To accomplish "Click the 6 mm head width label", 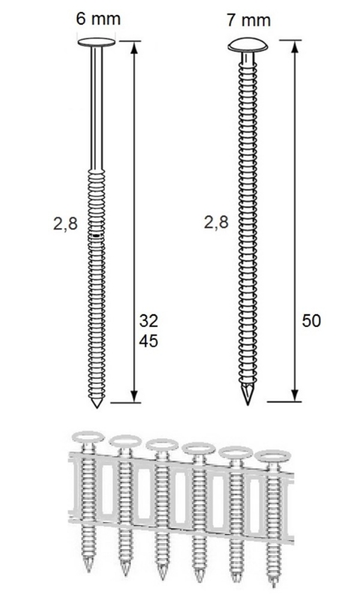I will point(97,18).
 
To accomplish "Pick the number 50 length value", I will point(311,320).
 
